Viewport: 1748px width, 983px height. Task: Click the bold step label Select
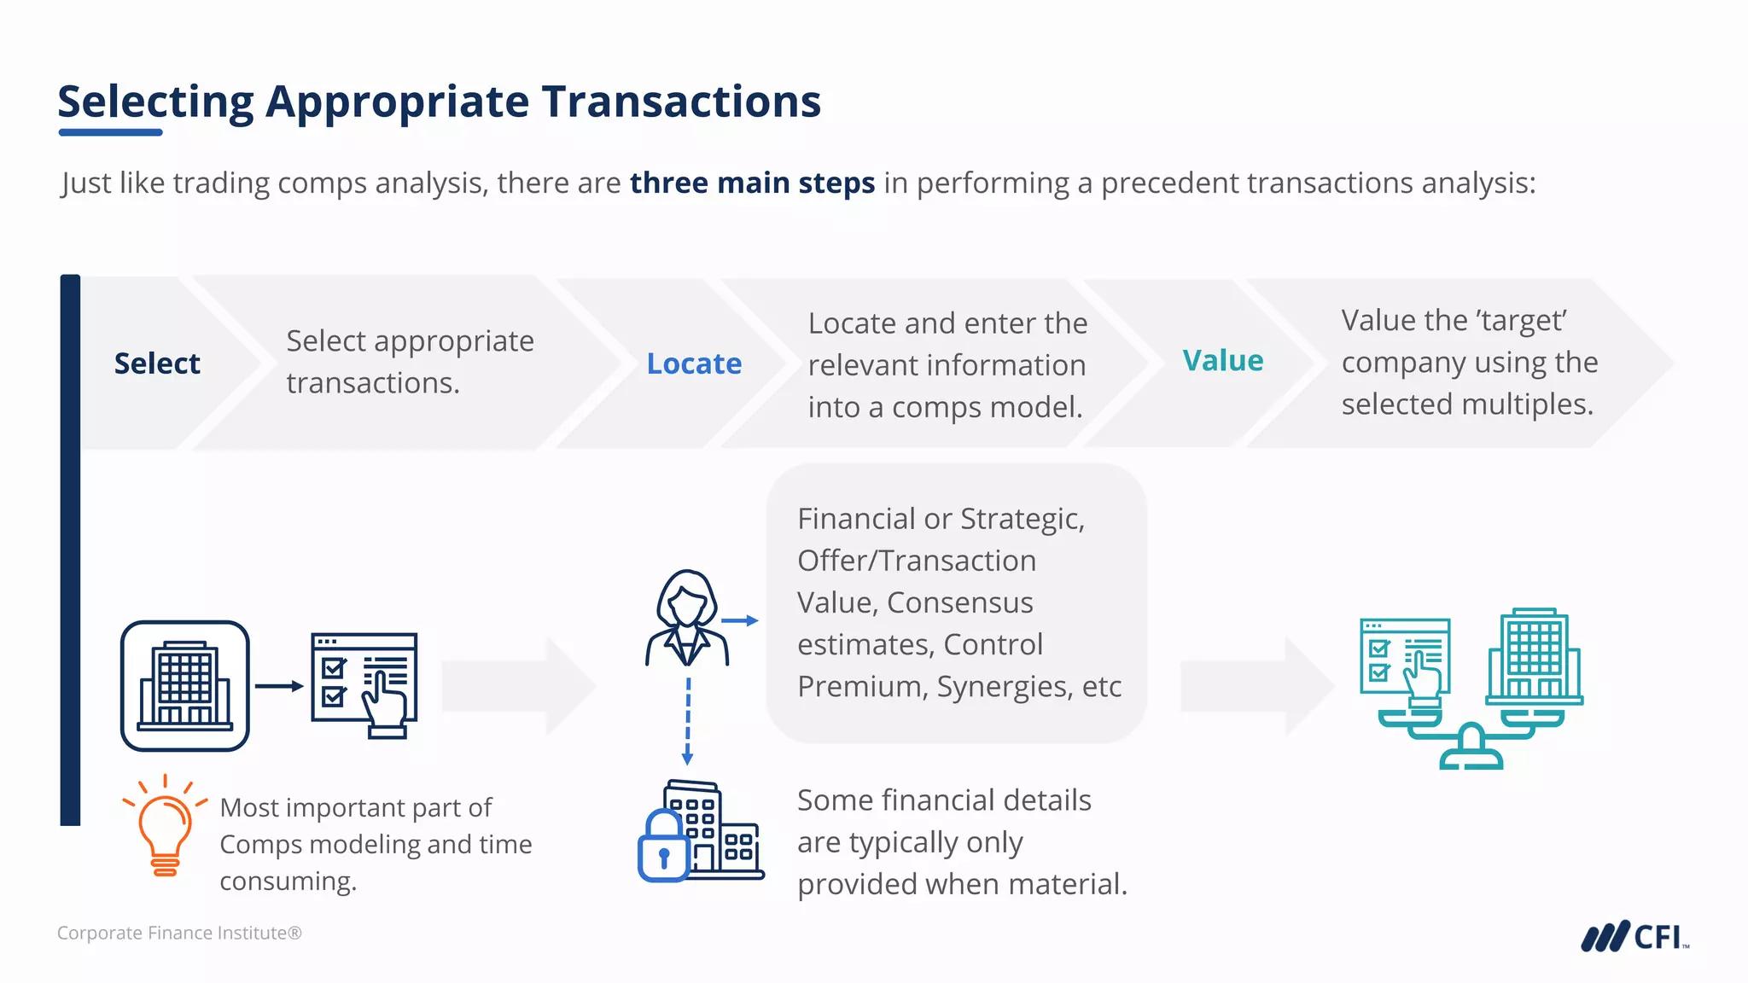click(x=157, y=364)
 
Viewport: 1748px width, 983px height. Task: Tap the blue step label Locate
click(x=694, y=364)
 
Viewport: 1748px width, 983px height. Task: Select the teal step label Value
click(x=1222, y=360)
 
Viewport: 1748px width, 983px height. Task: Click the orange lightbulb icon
click(x=165, y=827)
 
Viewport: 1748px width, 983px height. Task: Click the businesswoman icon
click(x=687, y=619)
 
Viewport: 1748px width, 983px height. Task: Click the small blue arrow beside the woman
click(x=739, y=620)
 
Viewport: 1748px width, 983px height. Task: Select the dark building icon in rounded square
click(x=185, y=686)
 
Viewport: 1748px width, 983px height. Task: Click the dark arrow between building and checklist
click(x=279, y=686)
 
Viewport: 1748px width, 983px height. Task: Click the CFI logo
click(x=1634, y=936)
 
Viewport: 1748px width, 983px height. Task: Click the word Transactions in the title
click(x=681, y=102)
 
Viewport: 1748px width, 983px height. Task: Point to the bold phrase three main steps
click(x=752, y=183)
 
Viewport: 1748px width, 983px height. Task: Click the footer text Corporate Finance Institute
click(x=179, y=933)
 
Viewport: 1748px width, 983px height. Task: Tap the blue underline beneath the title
click(x=111, y=132)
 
